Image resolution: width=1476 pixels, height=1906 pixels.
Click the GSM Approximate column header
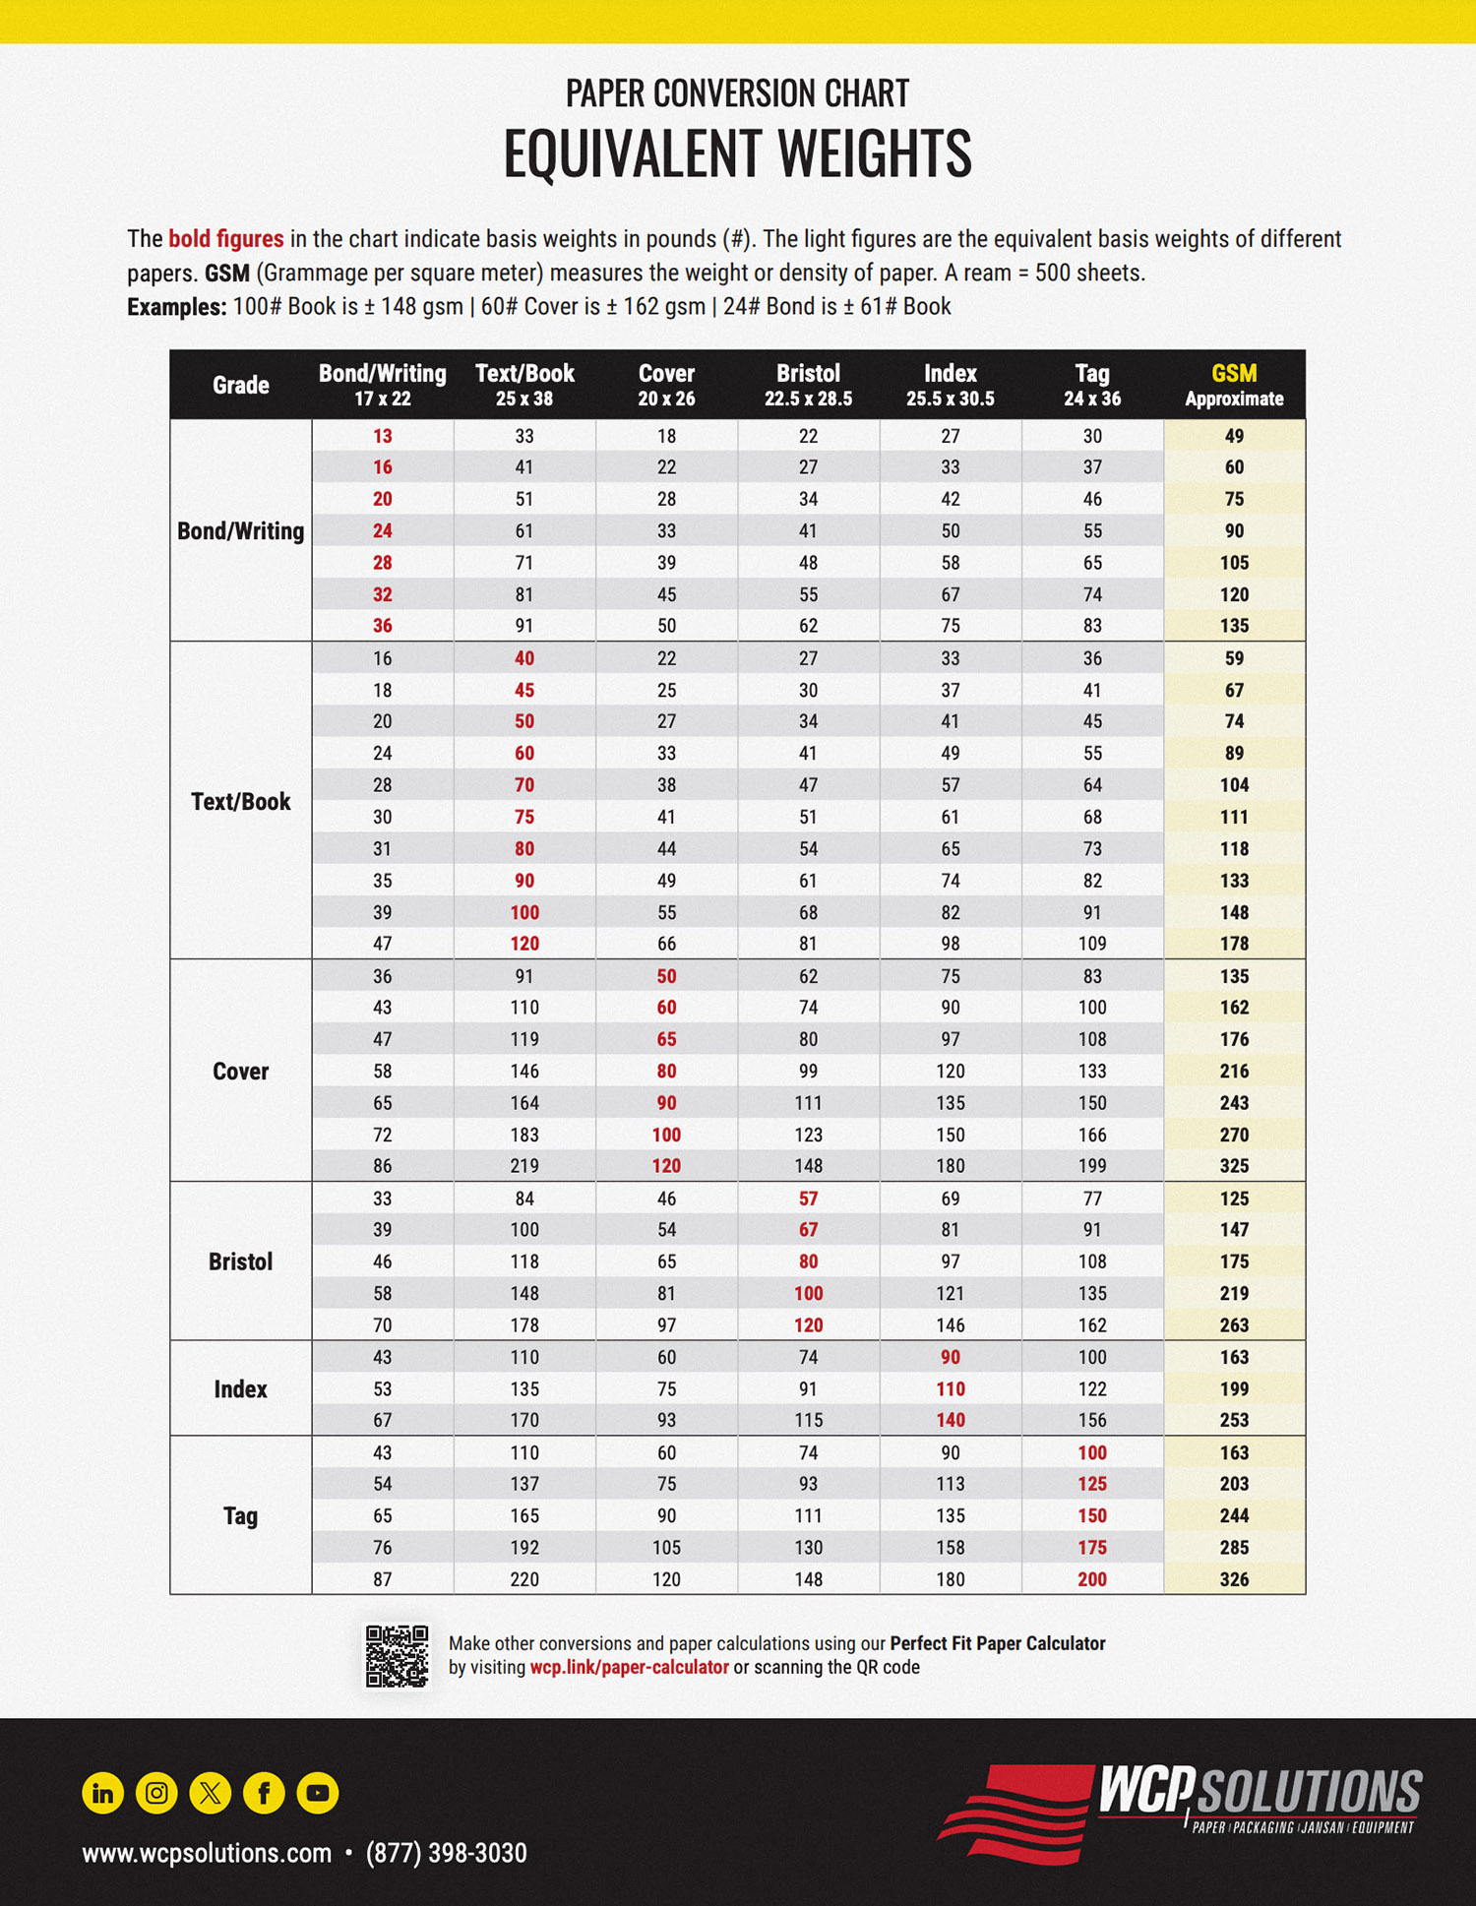click(1234, 385)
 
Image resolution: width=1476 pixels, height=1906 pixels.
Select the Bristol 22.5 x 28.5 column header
click(808, 385)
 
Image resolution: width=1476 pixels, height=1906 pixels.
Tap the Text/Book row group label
click(240, 801)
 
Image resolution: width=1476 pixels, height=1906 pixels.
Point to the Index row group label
click(240, 1388)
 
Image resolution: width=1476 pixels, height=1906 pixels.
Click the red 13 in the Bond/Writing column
click(382, 436)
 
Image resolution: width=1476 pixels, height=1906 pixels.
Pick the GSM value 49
click(1234, 436)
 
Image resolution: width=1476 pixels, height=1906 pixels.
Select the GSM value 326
click(1234, 1579)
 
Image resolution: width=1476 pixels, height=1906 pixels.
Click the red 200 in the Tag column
click(1091, 1579)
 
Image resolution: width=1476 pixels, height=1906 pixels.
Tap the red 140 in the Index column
click(950, 1420)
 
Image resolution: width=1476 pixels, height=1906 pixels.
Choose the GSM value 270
click(1234, 1135)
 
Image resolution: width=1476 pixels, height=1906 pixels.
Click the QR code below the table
click(397, 1655)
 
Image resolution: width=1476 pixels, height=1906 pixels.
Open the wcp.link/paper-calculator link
click(629, 1668)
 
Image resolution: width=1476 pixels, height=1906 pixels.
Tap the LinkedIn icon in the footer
click(102, 1793)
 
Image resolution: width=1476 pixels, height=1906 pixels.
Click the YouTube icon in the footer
click(318, 1793)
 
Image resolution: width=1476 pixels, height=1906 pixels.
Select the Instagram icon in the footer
click(156, 1793)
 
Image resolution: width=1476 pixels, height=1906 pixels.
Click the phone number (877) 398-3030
click(446, 1853)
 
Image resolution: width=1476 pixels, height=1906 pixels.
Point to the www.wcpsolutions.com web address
click(207, 1853)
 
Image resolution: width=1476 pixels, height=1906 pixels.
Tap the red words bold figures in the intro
click(225, 239)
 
